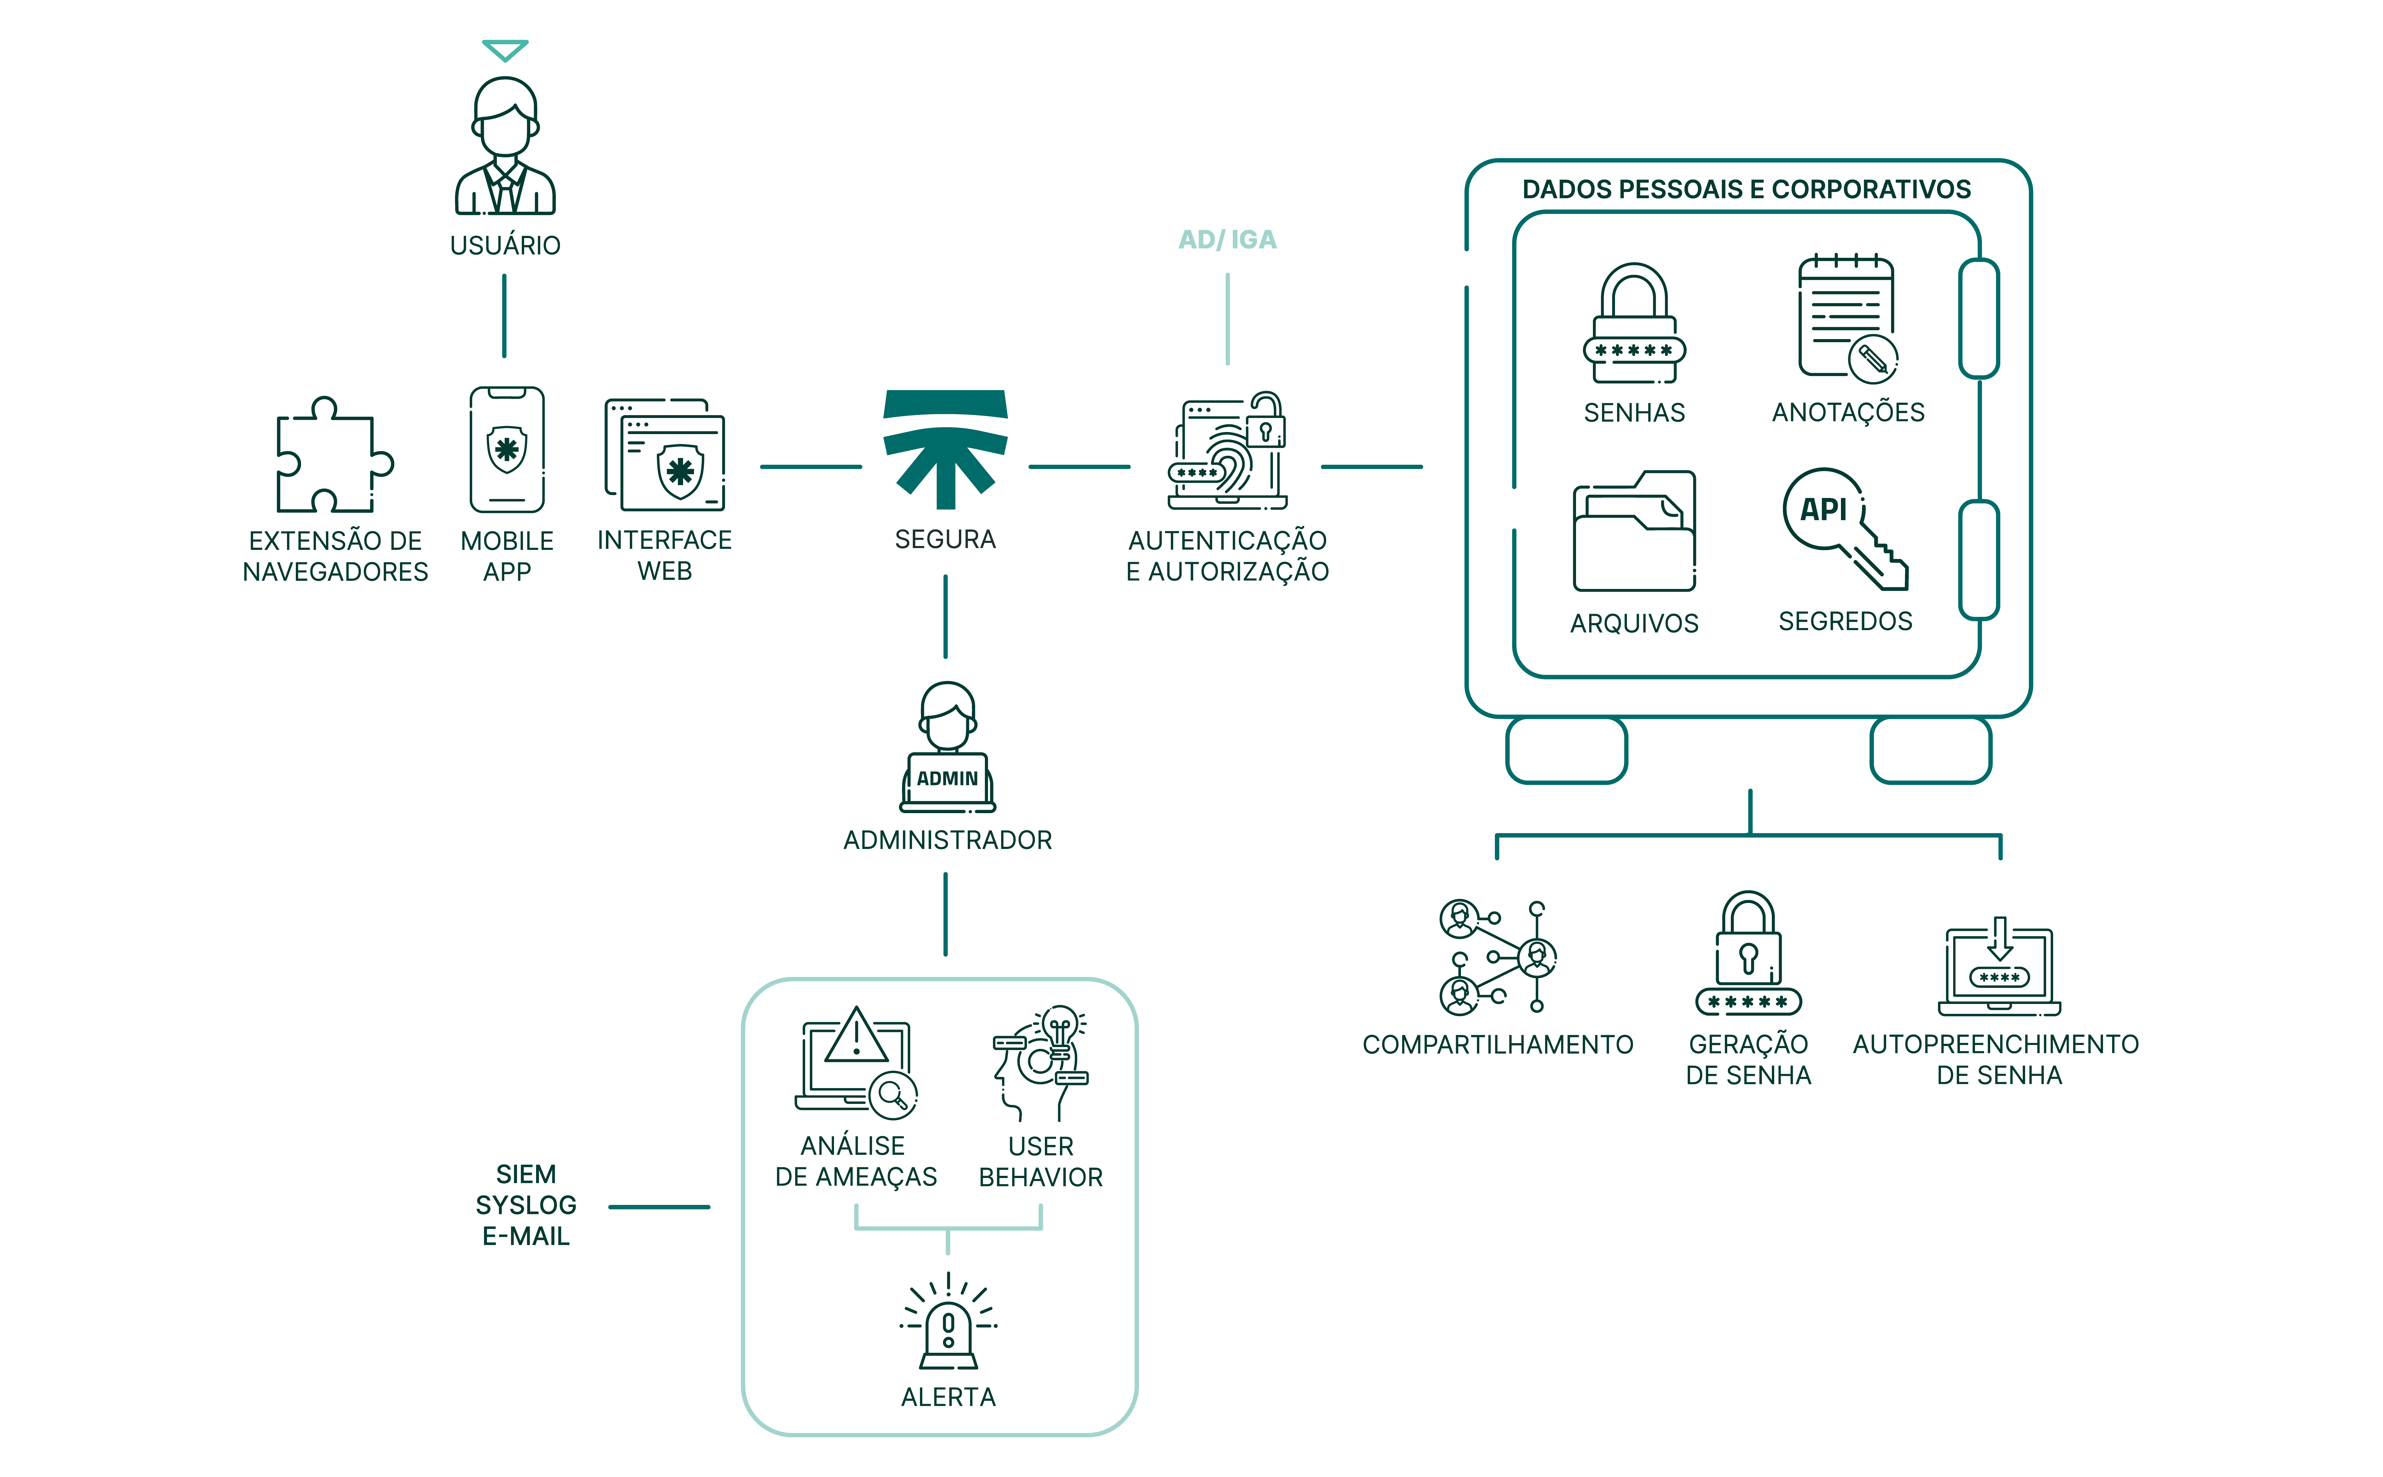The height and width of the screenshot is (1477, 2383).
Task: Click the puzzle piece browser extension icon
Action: [332, 455]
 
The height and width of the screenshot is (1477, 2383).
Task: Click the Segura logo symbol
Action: [945, 447]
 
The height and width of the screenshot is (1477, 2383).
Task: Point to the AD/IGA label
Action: [1227, 239]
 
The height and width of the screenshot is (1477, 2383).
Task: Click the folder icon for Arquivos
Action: [1634, 532]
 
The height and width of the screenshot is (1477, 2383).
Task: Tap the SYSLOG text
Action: [526, 1205]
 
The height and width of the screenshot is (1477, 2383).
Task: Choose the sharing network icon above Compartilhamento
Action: [1497, 957]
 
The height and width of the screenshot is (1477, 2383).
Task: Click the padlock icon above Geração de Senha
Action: [1748, 953]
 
